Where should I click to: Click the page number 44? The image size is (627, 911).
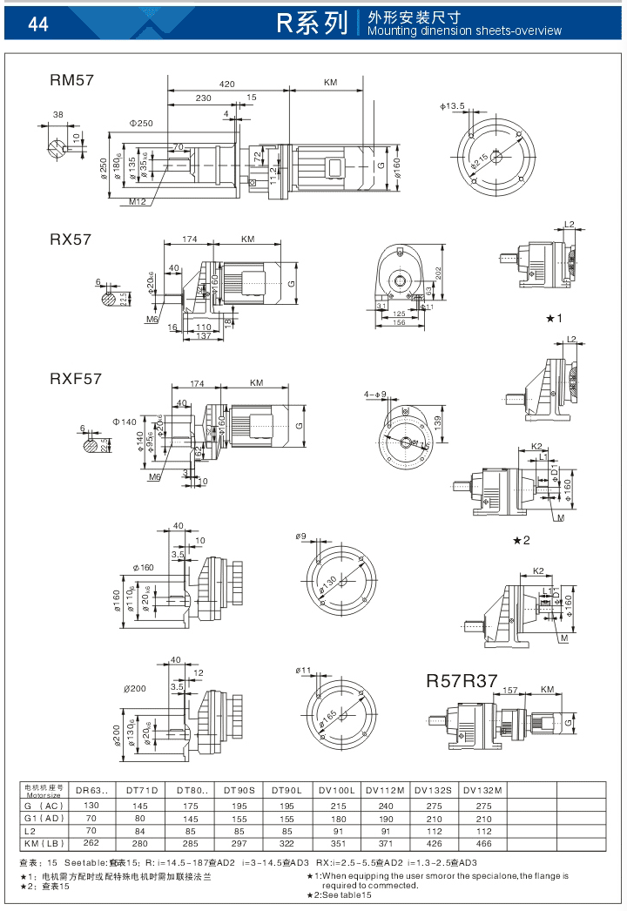(37, 24)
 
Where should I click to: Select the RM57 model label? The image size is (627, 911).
(71, 80)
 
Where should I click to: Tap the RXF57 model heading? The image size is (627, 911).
(76, 379)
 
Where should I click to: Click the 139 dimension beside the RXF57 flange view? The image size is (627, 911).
(438, 422)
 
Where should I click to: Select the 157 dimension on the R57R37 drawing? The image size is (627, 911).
(511, 690)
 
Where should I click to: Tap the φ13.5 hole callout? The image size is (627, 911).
(455, 106)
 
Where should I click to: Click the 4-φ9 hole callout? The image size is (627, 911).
(375, 395)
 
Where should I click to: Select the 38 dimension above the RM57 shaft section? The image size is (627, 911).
(58, 115)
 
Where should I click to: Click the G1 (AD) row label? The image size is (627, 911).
(43, 819)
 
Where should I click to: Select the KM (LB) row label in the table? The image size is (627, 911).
(43, 843)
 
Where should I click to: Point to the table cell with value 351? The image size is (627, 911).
(336, 843)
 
